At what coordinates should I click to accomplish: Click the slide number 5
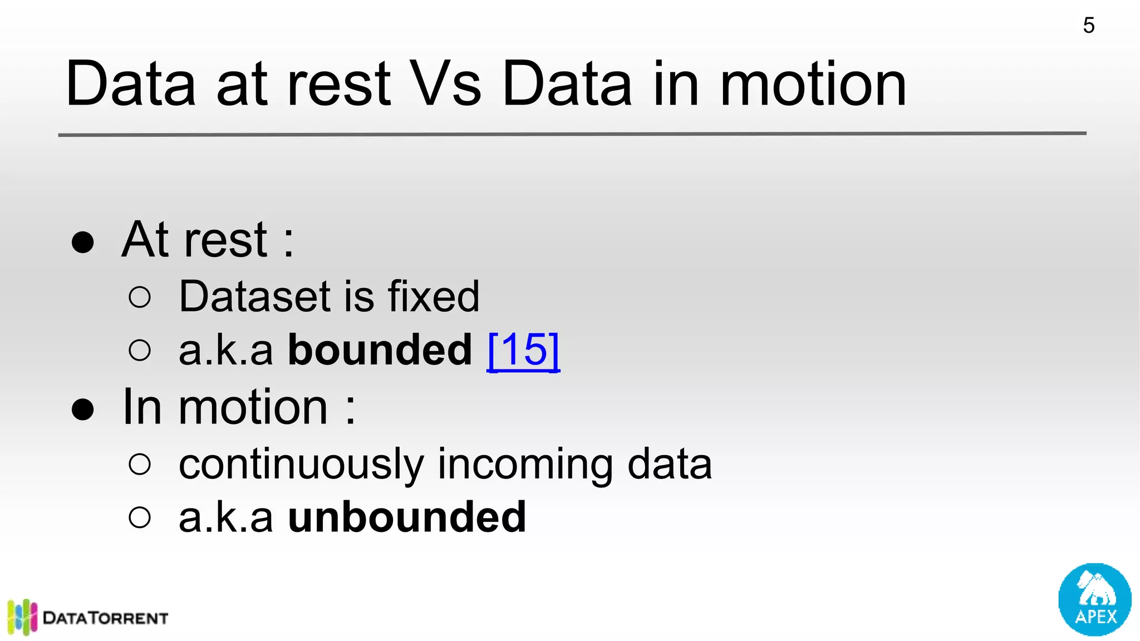click(x=1089, y=26)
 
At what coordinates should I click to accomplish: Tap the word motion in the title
click(x=813, y=85)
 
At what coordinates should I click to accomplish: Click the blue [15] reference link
click(x=523, y=350)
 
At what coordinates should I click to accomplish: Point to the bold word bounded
click(x=380, y=350)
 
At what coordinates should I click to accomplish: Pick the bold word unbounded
click(x=407, y=517)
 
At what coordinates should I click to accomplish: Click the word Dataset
click(x=255, y=297)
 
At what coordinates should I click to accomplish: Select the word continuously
click(x=301, y=465)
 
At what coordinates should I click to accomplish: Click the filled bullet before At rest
click(x=83, y=242)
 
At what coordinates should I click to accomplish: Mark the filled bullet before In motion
click(x=83, y=409)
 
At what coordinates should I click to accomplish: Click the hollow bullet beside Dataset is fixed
click(x=139, y=297)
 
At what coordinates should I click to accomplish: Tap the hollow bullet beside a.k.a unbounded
click(x=139, y=517)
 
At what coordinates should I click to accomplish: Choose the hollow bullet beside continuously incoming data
click(x=139, y=464)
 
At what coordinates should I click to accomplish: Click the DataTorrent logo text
click(x=106, y=618)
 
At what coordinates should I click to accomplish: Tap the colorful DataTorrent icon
click(x=22, y=617)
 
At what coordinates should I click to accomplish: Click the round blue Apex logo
click(x=1094, y=599)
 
